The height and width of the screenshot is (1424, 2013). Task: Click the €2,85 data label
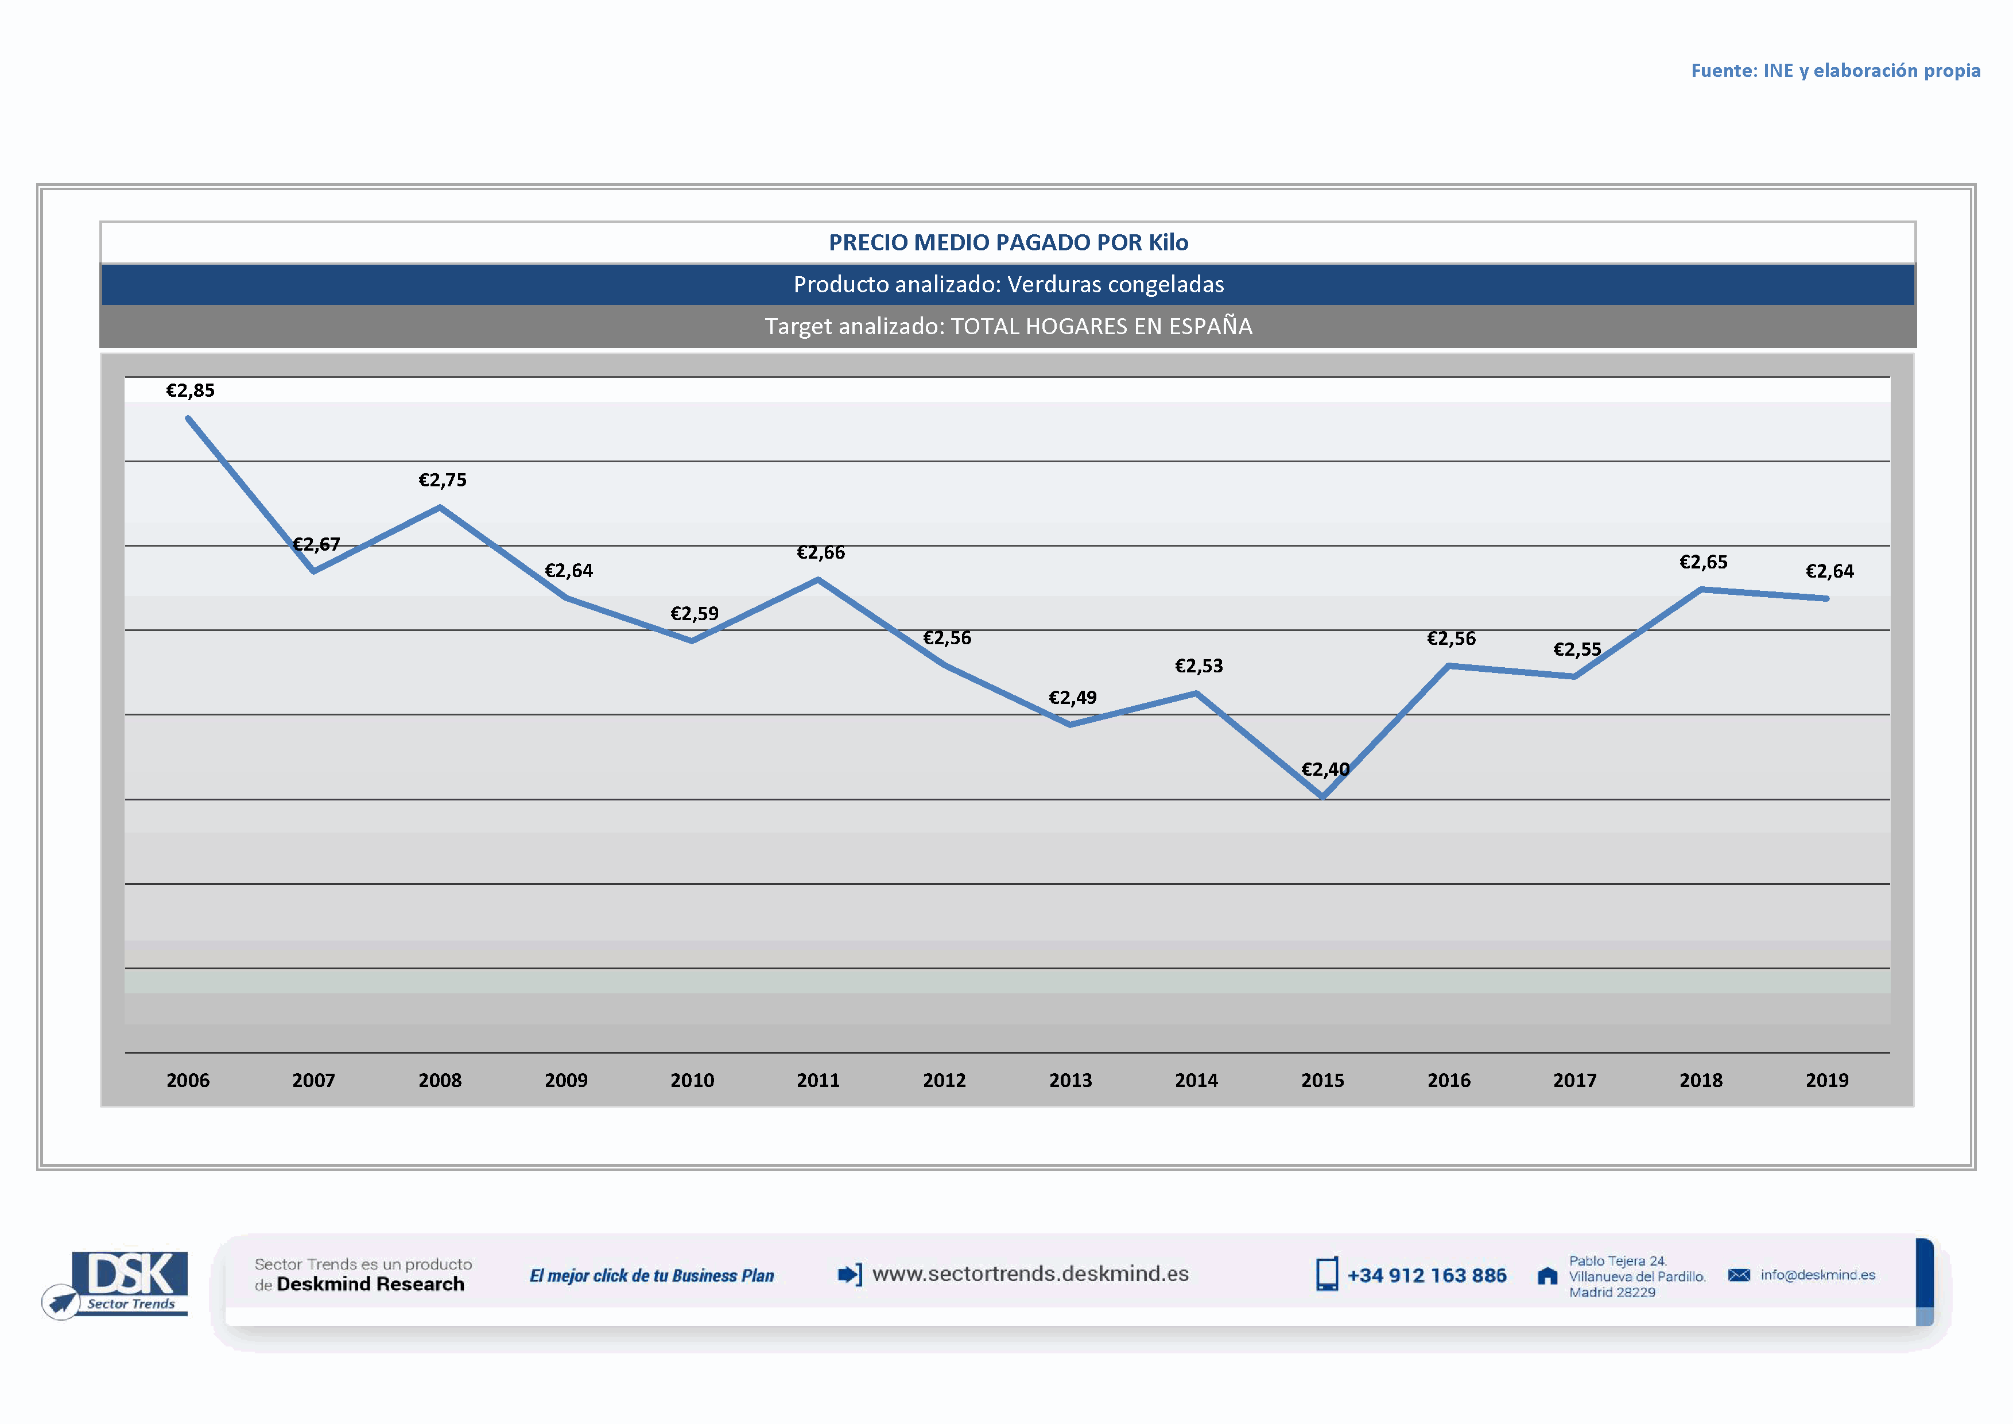click(190, 391)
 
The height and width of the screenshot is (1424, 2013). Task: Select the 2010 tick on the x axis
click(692, 1080)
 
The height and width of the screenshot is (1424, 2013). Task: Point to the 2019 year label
click(1826, 1080)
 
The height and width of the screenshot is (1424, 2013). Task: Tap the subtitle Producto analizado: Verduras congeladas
click(1009, 285)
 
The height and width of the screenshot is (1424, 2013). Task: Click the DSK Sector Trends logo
click(123, 1283)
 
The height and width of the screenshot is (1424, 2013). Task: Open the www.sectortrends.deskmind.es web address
click(1030, 1274)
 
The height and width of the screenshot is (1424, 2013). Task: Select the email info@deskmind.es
click(1817, 1275)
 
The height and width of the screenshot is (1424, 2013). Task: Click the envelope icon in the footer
click(1739, 1275)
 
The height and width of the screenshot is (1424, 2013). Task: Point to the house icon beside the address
click(1547, 1276)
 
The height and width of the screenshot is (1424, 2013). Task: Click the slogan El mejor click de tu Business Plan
click(651, 1276)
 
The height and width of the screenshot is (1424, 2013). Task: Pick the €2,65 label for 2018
click(1702, 563)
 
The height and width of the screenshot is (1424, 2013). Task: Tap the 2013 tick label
click(1071, 1080)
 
